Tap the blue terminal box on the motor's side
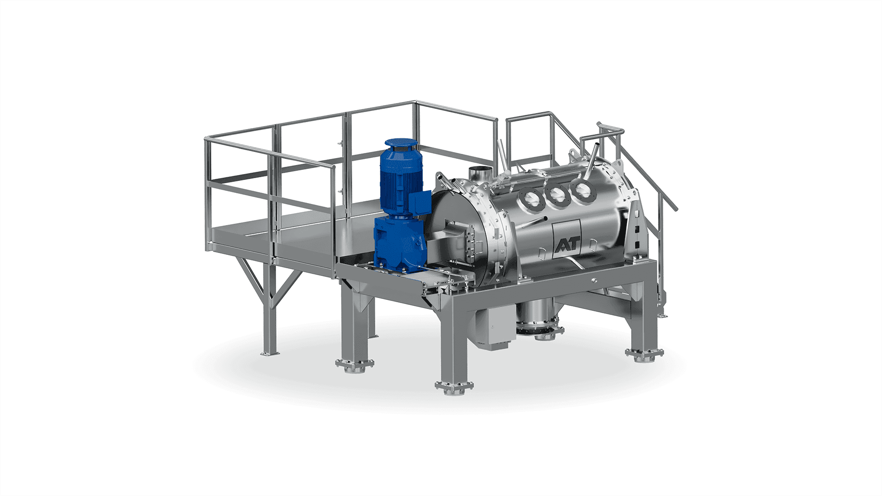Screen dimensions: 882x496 pos(419,202)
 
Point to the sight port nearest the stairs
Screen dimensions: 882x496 pos(581,190)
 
